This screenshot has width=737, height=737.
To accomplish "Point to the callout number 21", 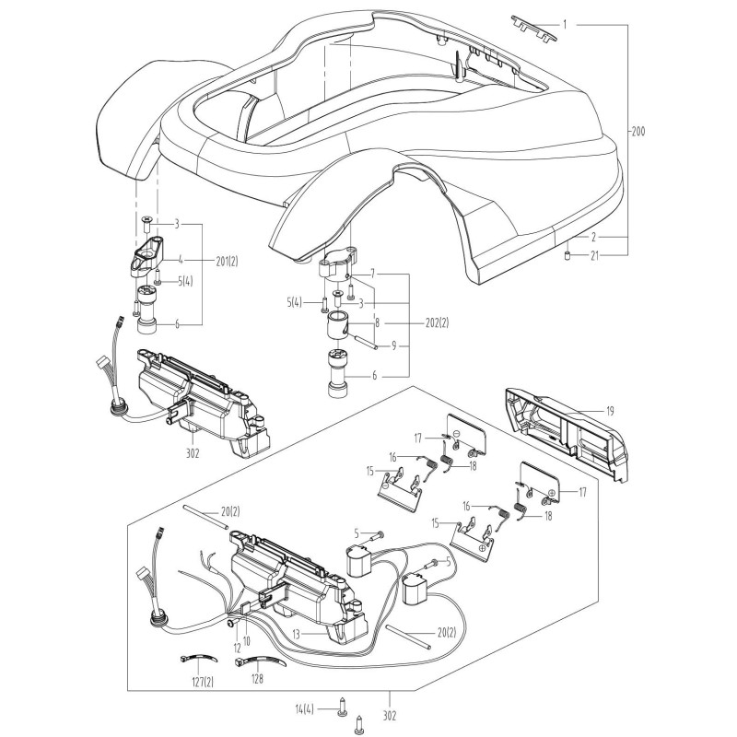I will (x=594, y=255).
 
